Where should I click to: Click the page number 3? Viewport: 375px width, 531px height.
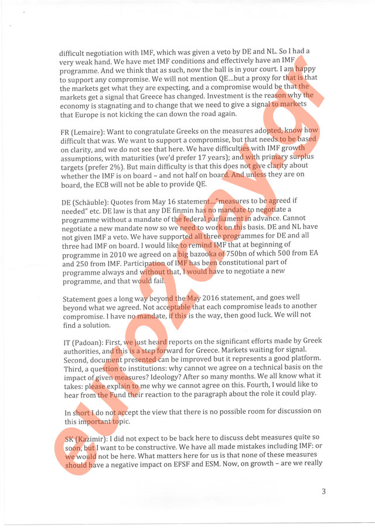(x=323, y=491)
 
